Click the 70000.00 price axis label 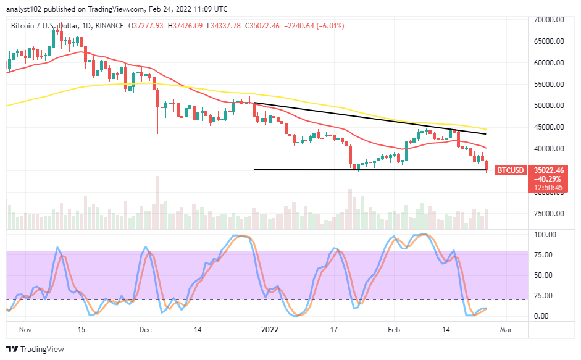pos(550,20)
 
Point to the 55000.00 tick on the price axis pos(550,84)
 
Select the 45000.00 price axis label pos(550,127)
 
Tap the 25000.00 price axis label pos(550,214)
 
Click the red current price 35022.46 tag pos(550,169)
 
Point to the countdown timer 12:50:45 pos(550,188)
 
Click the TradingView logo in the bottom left pos(35,349)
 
